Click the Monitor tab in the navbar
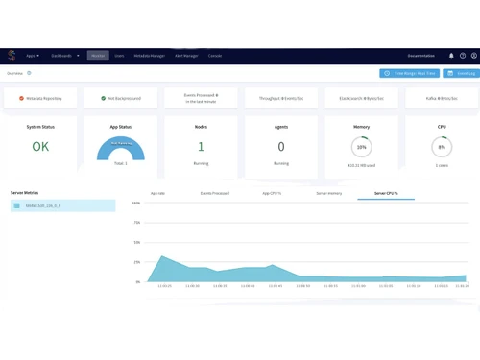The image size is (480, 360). (x=98, y=56)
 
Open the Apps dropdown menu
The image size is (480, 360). (x=33, y=56)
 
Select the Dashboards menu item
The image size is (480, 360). (x=65, y=56)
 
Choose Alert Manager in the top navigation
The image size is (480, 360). (x=186, y=56)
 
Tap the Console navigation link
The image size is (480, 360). (x=215, y=56)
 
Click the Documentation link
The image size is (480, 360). (x=420, y=56)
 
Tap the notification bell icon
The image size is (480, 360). (x=451, y=56)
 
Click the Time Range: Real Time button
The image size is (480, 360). (x=410, y=73)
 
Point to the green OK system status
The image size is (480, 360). (x=40, y=147)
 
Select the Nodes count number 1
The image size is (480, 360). (x=201, y=147)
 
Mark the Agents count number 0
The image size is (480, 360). (x=281, y=147)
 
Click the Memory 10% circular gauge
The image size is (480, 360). (x=361, y=147)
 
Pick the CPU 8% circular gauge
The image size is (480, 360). (x=442, y=147)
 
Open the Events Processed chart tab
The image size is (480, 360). (x=214, y=193)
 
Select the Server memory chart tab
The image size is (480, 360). (x=328, y=193)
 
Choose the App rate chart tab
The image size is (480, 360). (x=157, y=193)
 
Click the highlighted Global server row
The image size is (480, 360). (x=62, y=205)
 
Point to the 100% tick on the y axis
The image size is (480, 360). (x=136, y=204)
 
